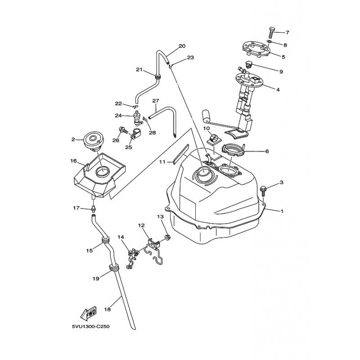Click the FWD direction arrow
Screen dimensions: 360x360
click(x=88, y=313)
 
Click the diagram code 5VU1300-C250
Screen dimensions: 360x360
click(x=91, y=327)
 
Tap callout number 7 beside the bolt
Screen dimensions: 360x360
click(x=287, y=32)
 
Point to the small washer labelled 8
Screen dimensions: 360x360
click(x=269, y=42)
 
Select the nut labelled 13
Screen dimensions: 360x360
click(x=167, y=237)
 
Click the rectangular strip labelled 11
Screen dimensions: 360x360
click(x=181, y=154)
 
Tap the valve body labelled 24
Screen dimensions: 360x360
click(x=137, y=118)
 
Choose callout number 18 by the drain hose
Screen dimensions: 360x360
click(x=108, y=309)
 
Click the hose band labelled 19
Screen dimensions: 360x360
click(x=114, y=267)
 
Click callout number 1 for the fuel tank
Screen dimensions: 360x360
click(x=282, y=211)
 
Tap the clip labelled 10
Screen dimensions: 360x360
click(x=213, y=139)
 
